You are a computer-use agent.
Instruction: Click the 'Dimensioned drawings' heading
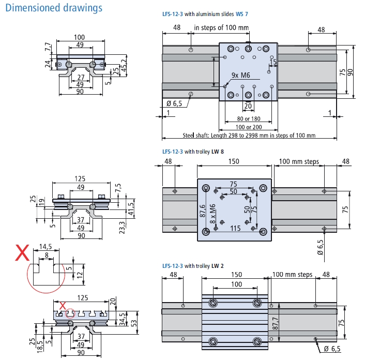(54, 8)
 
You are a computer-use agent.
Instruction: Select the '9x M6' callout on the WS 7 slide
(241, 76)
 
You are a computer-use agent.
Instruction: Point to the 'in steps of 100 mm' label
(221, 27)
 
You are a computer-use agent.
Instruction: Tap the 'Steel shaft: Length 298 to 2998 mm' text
(249, 136)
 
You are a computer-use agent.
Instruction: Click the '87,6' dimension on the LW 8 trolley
(202, 212)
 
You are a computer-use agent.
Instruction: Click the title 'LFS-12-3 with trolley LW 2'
(193, 266)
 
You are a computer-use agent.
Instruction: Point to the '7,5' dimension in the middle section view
(119, 187)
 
